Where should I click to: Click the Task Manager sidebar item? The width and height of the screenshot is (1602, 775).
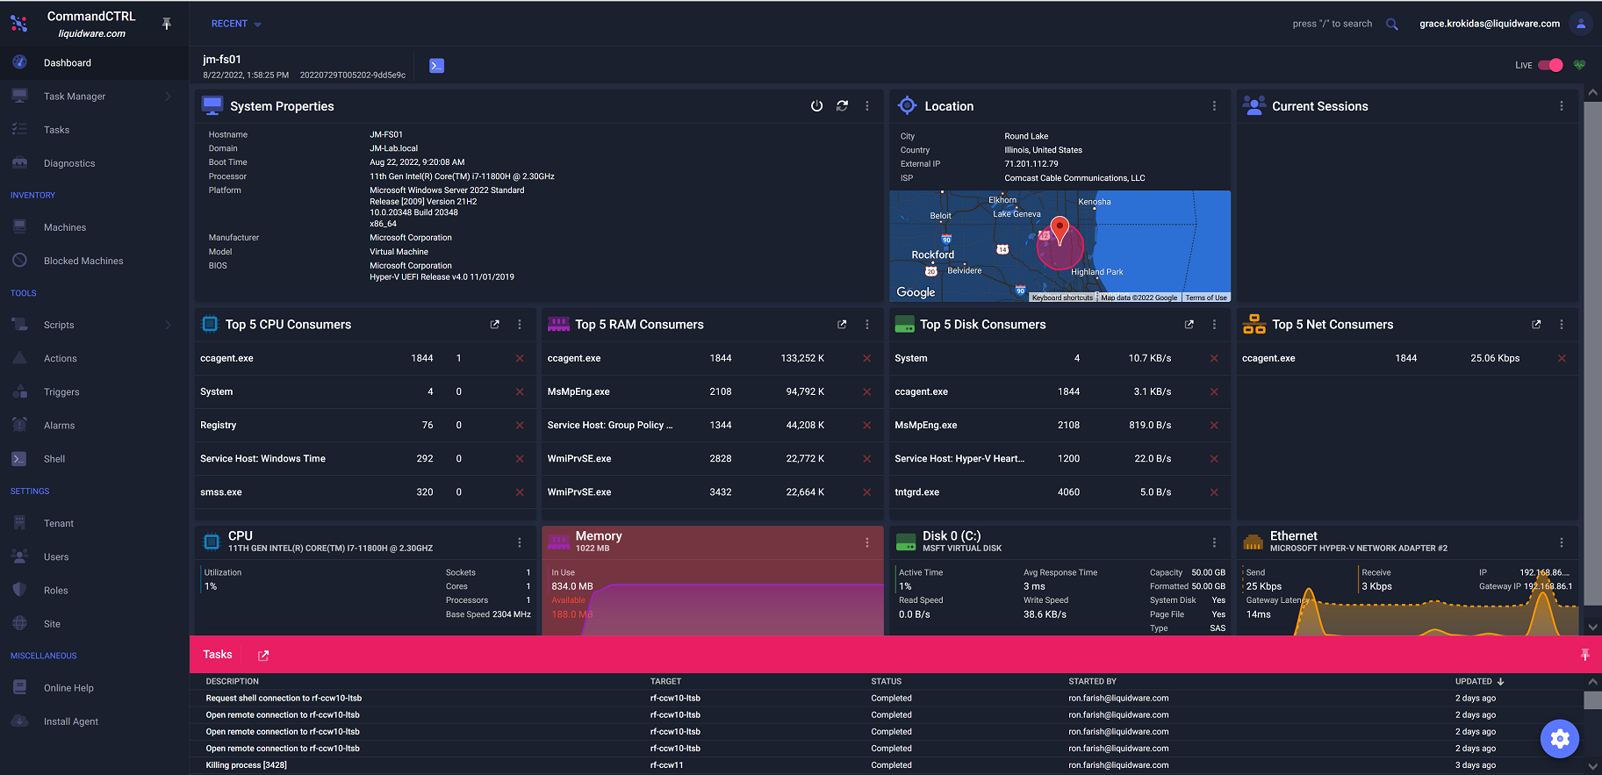pyautogui.click(x=75, y=97)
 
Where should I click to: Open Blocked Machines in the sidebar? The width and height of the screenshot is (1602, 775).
pyautogui.click(x=83, y=261)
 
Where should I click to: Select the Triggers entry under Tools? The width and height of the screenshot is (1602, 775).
pyautogui.click(x=61, y=392)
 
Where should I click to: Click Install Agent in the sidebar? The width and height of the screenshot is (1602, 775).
pyautogui.click(x=70, y=721)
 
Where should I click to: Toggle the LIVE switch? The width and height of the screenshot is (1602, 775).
pyautogui.click(x=1550, y=65)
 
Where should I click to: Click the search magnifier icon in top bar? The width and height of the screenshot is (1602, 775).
pyautogui.click(x=1391, y=25)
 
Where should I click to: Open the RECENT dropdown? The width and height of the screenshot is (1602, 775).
pyautogui.click(x=236, y=25)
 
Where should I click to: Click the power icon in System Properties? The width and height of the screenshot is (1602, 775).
pyautogui.click(x=816, y=106)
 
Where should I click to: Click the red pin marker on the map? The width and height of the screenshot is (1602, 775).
pyautogui.click(x=1060, y=228)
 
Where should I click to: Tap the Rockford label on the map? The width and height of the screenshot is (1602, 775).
pyautogui.click(x=932, y=255)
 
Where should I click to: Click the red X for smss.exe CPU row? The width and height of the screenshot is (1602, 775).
pyautogui.click(x=520, y=492)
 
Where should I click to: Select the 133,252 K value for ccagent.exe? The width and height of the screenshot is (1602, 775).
pyautogui.click(x=802, y=358)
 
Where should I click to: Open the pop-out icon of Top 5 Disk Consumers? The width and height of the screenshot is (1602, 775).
pyautogui.click(x=1189, y=325)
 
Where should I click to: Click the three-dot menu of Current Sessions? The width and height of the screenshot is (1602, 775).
pyautogui.click(x=1561, y=106)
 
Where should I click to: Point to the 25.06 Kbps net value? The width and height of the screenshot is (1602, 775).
pyautogui.click(x=1495, y=358)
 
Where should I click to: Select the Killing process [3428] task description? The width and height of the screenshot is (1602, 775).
pyautogui.click(x=246, y=765)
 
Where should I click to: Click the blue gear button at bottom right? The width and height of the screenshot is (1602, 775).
pyautogui.click(x=1559, y=739)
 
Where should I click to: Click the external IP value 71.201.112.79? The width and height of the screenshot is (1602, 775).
pyautogui.click(x=1031, y=164)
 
